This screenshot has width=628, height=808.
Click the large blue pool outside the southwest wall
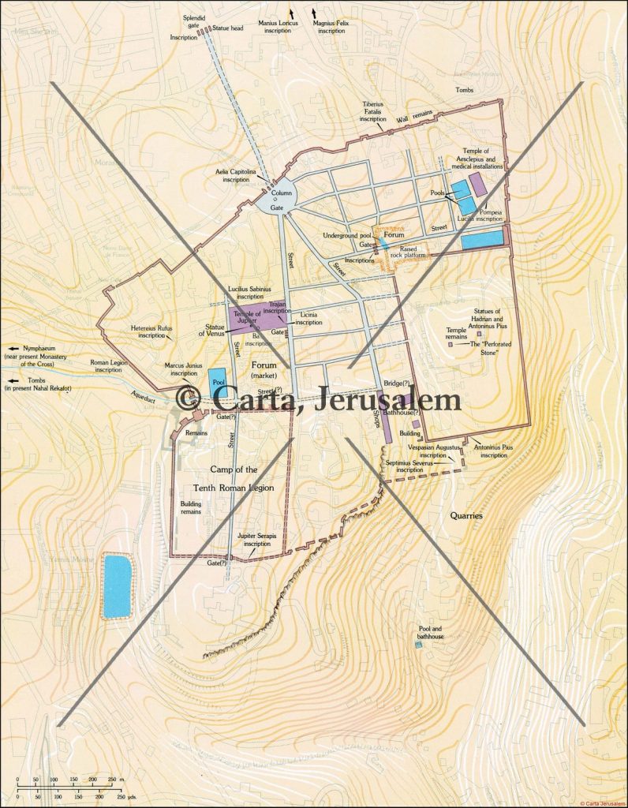point(117,585)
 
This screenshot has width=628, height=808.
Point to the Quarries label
point(465,515)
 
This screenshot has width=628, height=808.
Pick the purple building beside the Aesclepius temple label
point(478,184)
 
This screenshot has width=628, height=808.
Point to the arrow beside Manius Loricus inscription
point(292,13)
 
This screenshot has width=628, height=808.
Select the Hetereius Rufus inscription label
point(152,331)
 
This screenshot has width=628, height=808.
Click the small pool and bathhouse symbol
point(419,645)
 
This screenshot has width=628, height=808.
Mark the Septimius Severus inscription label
point(393,466)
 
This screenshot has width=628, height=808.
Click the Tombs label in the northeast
point(465,90)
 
